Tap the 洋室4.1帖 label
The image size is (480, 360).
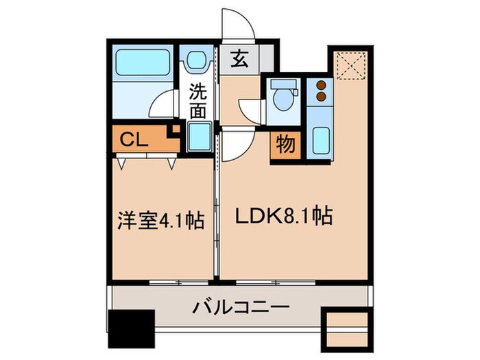(x=159, y=222)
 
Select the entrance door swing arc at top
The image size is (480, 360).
(x=237, y=24)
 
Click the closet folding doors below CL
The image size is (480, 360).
(x=145, y=162)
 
